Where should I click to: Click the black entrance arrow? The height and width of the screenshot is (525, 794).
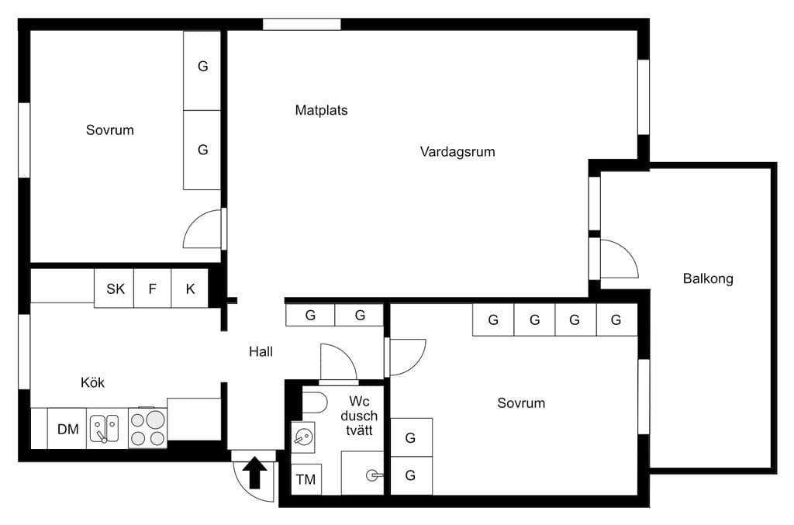coord(254,472)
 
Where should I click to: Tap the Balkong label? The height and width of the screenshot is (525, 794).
coord(708,279)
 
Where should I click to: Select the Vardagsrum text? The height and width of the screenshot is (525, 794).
coord(457,152)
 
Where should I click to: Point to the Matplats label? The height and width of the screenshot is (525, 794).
coord(321,110)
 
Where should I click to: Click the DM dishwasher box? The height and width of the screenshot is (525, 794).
coord(67,428)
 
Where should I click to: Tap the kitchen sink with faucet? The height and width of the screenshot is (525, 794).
coord(105,429)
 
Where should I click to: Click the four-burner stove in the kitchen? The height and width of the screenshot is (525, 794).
coord(147,428)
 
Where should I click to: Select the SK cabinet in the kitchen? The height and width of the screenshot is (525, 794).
coord(115,288)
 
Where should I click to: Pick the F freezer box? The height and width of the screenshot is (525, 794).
coord(153,288)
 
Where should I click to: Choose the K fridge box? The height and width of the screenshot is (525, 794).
coord(190,288)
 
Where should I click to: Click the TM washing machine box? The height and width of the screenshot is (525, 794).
coord(306,479)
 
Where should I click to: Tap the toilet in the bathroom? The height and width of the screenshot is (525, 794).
coord(315,402)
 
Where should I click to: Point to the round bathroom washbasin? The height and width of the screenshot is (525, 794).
coord(303,437)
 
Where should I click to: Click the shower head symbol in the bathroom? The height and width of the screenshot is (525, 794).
coord(374,475)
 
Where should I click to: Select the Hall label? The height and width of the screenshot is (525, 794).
coord(261,352)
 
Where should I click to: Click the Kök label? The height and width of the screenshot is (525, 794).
coord(93,382)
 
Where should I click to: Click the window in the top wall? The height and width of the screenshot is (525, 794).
coord(302,24)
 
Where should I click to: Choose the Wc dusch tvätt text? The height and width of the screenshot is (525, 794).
coord(359,416)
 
